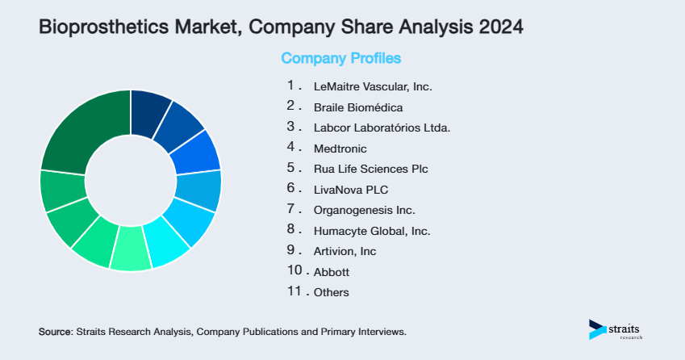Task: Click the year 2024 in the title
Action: pyautogui.click(x=497, y=27)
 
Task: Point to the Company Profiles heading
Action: pyautogui.click(x=340, y=58)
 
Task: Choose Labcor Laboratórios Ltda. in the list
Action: pyautogui.click(x=382, y=128)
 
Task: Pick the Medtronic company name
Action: pyautogui.click(x=340, y=149)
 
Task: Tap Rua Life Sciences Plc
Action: pyautogui.click(x=370, y=170)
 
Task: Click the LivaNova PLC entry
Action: pyautogui.click(x=351, y=190)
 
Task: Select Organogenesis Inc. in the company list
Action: pyautogui.click(x=364, y=210)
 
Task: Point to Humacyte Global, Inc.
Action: pyautogui.click(x=372, y=231)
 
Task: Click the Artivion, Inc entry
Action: pyautogui.click(x=345, y=251)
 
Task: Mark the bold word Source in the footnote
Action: pyautogui.click(x=55, y=332)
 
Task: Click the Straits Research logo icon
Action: pyautogui.click(x=597, y=329)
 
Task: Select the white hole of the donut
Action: pyautogui.click(x=130, y=180)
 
